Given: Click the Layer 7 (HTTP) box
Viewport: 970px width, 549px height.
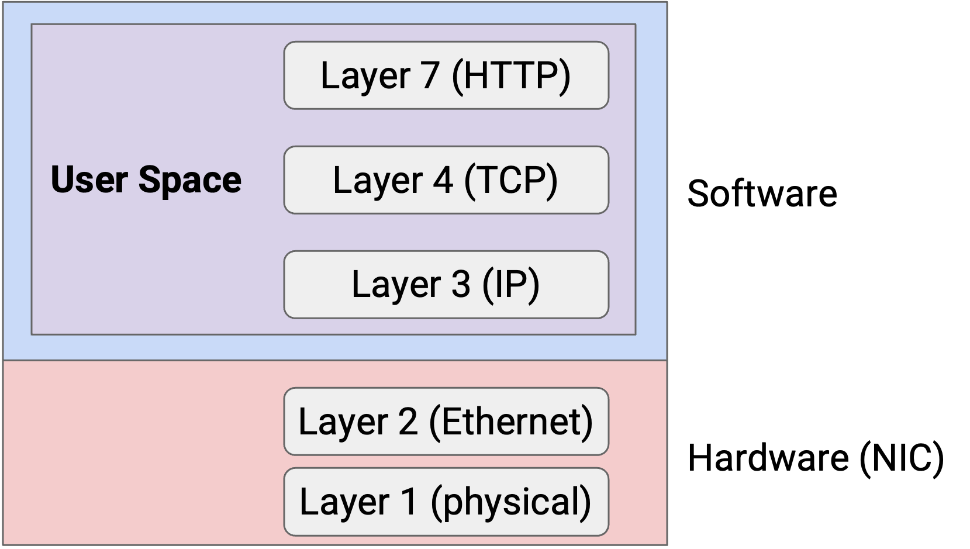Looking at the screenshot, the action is (x=446, y=75).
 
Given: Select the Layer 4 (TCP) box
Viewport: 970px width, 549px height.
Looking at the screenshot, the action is (x=446, y=180).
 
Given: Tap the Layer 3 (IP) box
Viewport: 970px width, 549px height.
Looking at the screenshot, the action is (x=446, y=285).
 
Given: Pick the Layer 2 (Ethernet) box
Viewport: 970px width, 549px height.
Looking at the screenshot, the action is (x=446, y=422).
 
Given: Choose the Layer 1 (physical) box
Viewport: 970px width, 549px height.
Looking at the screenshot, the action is (x=446, y=502).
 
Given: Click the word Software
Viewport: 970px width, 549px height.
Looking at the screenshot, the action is (x=762, y=194).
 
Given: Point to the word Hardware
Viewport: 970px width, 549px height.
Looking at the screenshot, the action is (x=768, y=458).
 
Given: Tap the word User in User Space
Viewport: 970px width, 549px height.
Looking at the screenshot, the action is (x=89, y=179).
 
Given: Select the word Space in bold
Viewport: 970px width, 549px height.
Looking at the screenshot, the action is (x=189, y=181).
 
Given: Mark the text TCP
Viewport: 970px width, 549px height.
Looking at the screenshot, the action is (x=510, y=181).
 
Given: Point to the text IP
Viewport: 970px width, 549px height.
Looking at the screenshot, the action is (x=510, y=285).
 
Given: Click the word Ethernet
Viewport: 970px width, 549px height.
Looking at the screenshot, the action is (x=511, y=422).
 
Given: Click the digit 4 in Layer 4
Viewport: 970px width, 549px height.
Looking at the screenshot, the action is (x=443, y=180).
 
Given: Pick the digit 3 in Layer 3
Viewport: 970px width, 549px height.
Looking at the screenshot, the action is (x=461, y=285).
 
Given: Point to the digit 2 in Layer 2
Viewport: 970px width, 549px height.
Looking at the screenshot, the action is (x=408, y=422).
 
